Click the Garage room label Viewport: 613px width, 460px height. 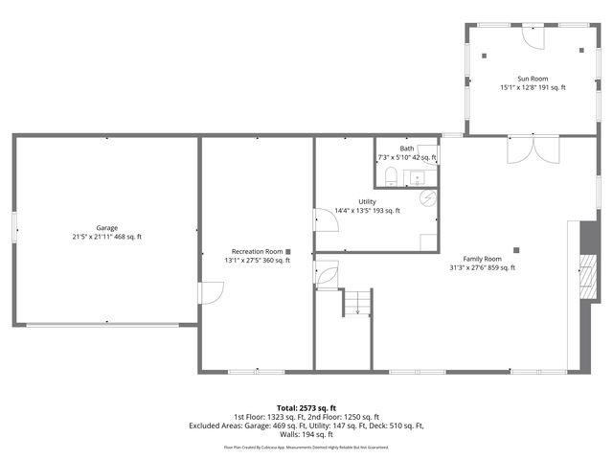pyautogui.click(x=107, y=227)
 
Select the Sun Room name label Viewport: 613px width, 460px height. pyautogui.click(x=533, y=78)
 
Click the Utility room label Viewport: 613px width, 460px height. pyautogui.click(x=367, y=201)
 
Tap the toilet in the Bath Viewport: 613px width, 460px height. pyautogui.click(x=392, y=175)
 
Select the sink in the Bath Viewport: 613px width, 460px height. pyautogui.click(x=419, y=176)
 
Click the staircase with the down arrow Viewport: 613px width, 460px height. pyautogui.click(x=356, y=302)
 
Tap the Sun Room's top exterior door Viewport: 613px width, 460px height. pyautogui.click(x=533, y=33)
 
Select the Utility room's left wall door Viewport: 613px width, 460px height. pyautogui.click(x=326, y=219)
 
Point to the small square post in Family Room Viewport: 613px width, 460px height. pyautogui.click(x=516, y=250)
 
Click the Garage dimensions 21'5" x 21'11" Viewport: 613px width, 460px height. pyautogui.click(x=107, y=237)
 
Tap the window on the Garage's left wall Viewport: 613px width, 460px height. pyautogui.click(x=13, y=227)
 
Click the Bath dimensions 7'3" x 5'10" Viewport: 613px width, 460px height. pyautogui.click(x=407, y=157)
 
